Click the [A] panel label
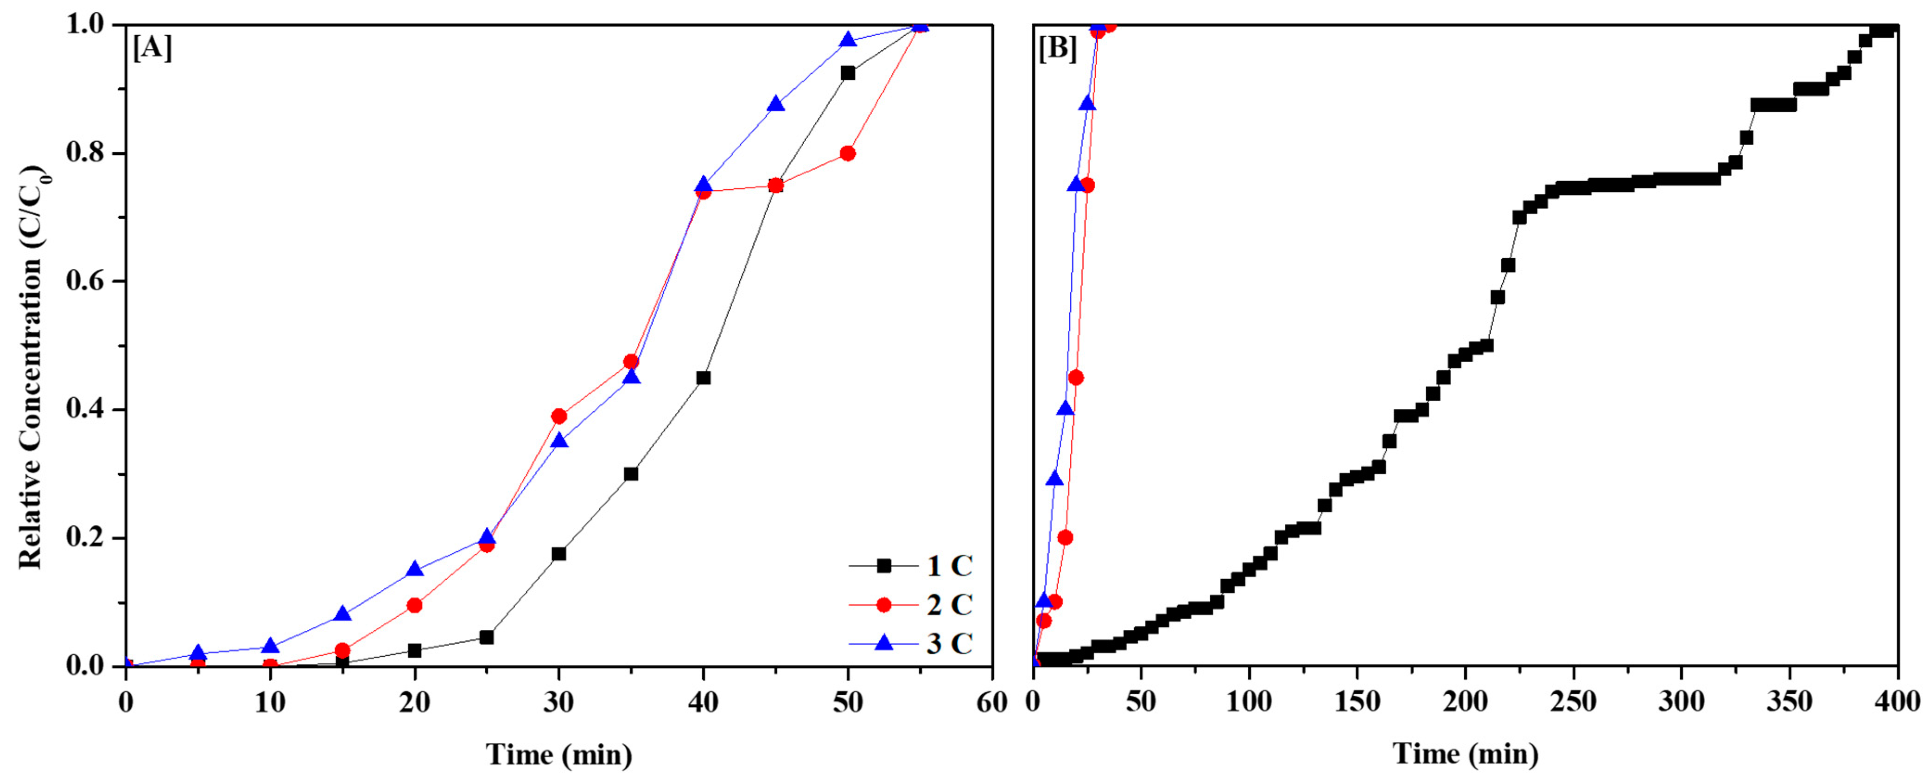tap(153, 50)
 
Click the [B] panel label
tap(1058, 50)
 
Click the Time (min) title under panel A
tap(559, 754)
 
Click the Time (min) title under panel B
tap(1466, 754)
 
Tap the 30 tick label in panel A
tap(559, 702)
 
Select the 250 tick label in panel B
tap(1574, 702)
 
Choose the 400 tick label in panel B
tap(1897, 702)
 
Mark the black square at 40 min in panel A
tap(704, 378)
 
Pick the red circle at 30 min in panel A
tap(559, 416)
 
